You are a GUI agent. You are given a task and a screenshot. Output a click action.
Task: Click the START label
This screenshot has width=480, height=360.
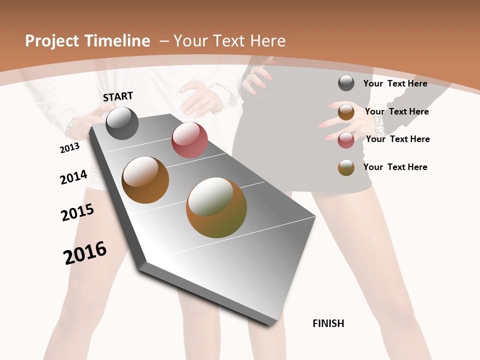118,96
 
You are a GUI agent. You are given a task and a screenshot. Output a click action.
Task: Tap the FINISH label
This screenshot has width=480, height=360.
328,323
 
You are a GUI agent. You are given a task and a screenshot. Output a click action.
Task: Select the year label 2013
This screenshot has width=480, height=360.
69,147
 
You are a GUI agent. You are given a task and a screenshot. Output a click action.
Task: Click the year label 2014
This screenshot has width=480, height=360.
73,177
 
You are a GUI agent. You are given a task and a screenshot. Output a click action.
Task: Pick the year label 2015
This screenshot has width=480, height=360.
77,212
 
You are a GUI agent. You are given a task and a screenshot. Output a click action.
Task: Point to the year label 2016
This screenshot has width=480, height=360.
85,252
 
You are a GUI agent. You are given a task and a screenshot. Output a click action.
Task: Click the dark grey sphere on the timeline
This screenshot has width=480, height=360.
122,123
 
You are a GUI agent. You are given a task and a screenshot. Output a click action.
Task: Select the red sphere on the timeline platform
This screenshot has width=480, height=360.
189,140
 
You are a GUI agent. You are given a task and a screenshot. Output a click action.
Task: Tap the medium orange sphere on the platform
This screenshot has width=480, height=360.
145,180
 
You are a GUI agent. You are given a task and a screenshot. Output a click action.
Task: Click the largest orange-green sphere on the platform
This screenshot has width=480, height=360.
216,207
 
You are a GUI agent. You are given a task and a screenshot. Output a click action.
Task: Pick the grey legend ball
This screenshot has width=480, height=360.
346,83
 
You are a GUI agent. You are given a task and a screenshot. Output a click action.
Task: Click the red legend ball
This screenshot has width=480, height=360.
346,140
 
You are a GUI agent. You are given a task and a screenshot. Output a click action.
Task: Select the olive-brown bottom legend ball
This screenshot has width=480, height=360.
346,167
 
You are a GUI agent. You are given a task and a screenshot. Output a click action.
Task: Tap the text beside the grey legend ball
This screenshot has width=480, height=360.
395,83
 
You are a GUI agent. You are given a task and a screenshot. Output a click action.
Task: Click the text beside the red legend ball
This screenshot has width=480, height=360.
397,139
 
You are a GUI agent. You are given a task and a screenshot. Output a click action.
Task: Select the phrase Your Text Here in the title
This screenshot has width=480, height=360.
229,41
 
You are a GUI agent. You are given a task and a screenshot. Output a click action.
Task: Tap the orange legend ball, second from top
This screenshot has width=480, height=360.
346,112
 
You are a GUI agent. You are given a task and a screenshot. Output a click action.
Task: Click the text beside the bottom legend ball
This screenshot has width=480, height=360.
395,167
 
